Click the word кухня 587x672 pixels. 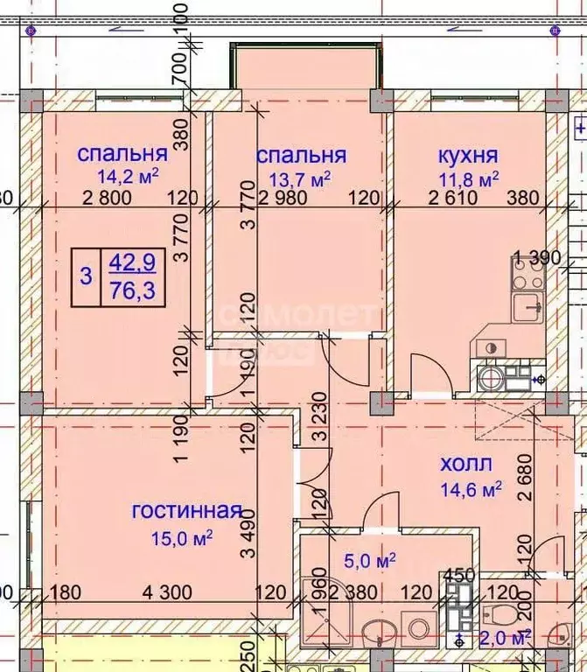click(x=468, y=156)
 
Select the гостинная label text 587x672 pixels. click(x=185, y=511)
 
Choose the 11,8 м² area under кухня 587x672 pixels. click(x=468, y=178)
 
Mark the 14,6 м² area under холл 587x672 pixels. click(x=470, y=487)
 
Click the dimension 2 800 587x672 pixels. click(x=107, y=199)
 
